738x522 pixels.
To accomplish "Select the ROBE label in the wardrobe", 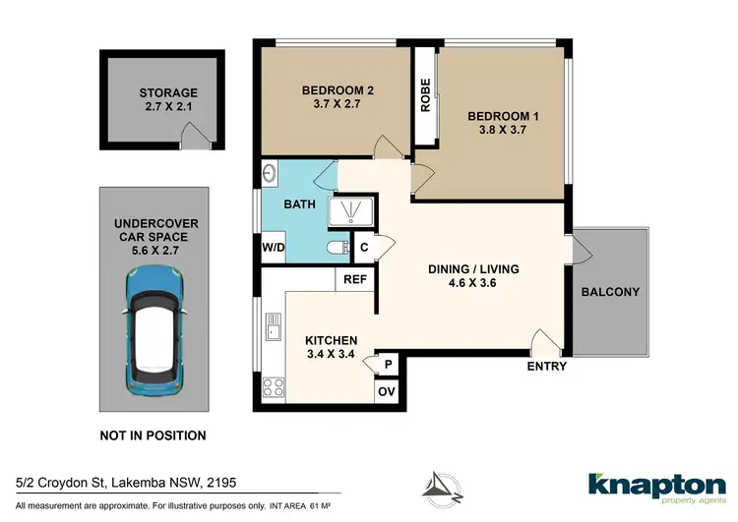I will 425,96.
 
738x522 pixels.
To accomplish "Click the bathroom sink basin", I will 269,174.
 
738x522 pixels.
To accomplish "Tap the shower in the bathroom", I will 349,213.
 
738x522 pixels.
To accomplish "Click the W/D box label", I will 273,248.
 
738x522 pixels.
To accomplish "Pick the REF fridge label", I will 354,279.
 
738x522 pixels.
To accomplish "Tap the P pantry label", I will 388,363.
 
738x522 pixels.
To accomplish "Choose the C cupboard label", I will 364,248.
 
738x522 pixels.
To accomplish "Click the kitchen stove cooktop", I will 271,386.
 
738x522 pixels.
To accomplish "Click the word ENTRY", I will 546,367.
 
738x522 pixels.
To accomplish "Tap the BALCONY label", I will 610,292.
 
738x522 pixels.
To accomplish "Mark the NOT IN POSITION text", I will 154,435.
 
